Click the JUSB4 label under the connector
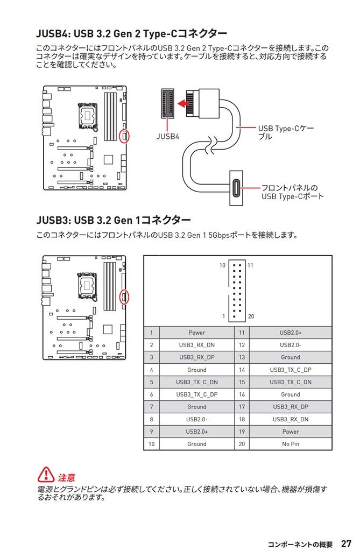coord(168,137)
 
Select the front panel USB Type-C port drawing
coord(236,188)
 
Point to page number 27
coord(346,543)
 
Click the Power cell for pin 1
coord(196,333)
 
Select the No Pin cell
coord(290,444)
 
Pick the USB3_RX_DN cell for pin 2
coord(196,345)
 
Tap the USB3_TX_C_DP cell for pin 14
coord(290,370)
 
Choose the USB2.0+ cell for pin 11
coord(290,333)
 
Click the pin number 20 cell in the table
coord(242,444)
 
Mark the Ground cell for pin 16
coord(290,394)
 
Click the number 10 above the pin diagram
coord(222,266)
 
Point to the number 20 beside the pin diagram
coord(251,316)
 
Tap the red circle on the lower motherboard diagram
coord(125,296)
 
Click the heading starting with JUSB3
coord(114,220)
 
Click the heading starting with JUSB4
coord(131,33)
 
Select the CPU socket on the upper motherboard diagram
coord(86,114)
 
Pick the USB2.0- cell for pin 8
coord(196,419)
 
